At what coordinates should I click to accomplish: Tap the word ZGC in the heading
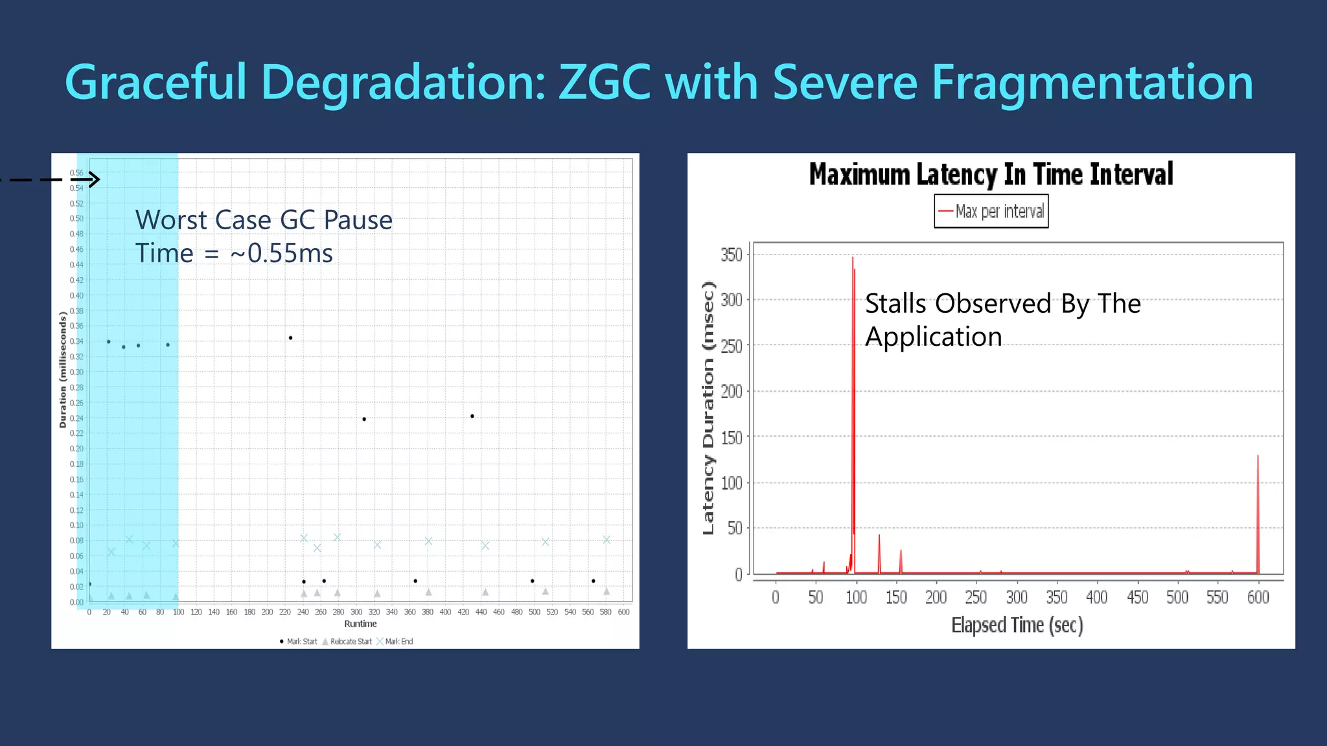(x=604, y=82)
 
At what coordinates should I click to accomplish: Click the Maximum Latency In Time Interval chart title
(x=991, y=175)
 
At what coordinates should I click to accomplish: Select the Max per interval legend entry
(x=992, y=212)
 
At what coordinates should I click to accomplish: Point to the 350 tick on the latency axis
(x=732, y=254)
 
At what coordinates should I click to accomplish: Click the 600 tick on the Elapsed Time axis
(x=1258, y=597)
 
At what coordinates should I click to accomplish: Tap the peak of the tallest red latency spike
(x=853, y=258)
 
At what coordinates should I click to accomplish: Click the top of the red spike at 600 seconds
(x=1258, y=457)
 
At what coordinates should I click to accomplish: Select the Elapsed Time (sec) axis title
(x=1017, y=626)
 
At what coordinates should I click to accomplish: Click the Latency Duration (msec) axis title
(x=708, y=408)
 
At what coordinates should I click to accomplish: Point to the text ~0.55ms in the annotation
(x=282, y=253)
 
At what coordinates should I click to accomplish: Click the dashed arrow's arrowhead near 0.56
(x=94, y=179)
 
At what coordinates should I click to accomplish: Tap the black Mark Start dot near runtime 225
(x=290, y=338)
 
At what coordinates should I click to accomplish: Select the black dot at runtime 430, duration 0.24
(x=472, y=416)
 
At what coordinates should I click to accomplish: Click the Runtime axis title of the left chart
(x=360, y=624)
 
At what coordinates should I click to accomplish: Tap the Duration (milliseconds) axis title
(x=63, y=370)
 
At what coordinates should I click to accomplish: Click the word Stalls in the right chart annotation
(x=895, y=304)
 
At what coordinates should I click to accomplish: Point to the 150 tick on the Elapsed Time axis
(x=896, y=597)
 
